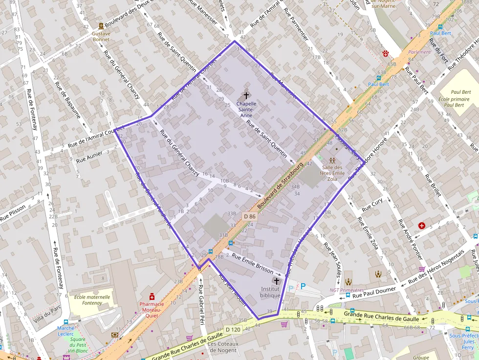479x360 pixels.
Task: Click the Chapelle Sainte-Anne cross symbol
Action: coord(246,96)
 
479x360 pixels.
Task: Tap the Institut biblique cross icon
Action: coord(277,281)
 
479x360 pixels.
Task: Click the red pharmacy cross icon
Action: coord(152,296)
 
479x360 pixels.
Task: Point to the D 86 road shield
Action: coord(249,216)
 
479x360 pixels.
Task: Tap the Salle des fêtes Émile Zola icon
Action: coord(332,160)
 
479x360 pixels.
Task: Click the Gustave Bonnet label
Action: coord(101,37)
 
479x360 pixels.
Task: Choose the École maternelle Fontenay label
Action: coord(92,300)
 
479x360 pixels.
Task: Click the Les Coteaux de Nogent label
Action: coord(223,346)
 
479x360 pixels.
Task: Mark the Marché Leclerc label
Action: coord(65,331)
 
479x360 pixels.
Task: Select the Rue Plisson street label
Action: coord(13,214)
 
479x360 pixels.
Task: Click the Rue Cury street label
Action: coord(372,206)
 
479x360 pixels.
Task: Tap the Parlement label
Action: coord(420,52)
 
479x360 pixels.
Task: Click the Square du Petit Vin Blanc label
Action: coord(77,345)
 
